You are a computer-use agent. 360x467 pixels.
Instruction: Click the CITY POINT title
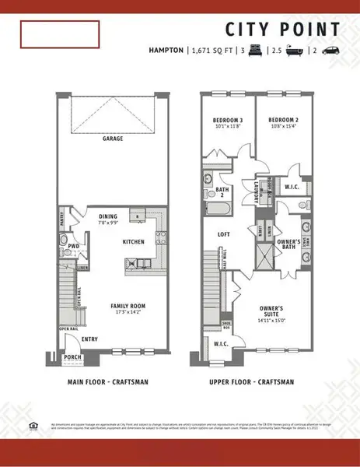click(282, 30)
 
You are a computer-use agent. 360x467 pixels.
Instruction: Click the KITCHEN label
click(133, 242)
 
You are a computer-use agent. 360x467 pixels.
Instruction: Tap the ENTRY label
click(89, 339)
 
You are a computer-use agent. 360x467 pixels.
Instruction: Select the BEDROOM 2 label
click(284, 120)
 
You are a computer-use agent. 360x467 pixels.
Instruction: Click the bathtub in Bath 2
click(215, 209)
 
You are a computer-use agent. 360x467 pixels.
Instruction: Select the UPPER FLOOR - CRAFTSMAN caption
click(251, 382)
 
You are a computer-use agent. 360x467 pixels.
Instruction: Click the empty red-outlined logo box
click(60, 35)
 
